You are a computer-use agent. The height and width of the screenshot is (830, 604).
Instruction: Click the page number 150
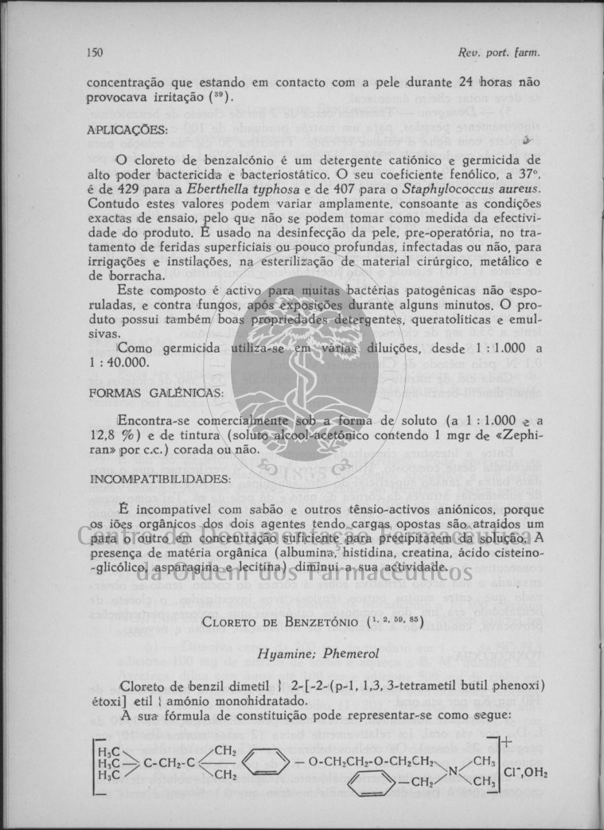[x=95, y=53]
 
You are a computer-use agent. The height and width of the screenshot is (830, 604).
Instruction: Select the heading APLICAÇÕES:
[x=127, y=129]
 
